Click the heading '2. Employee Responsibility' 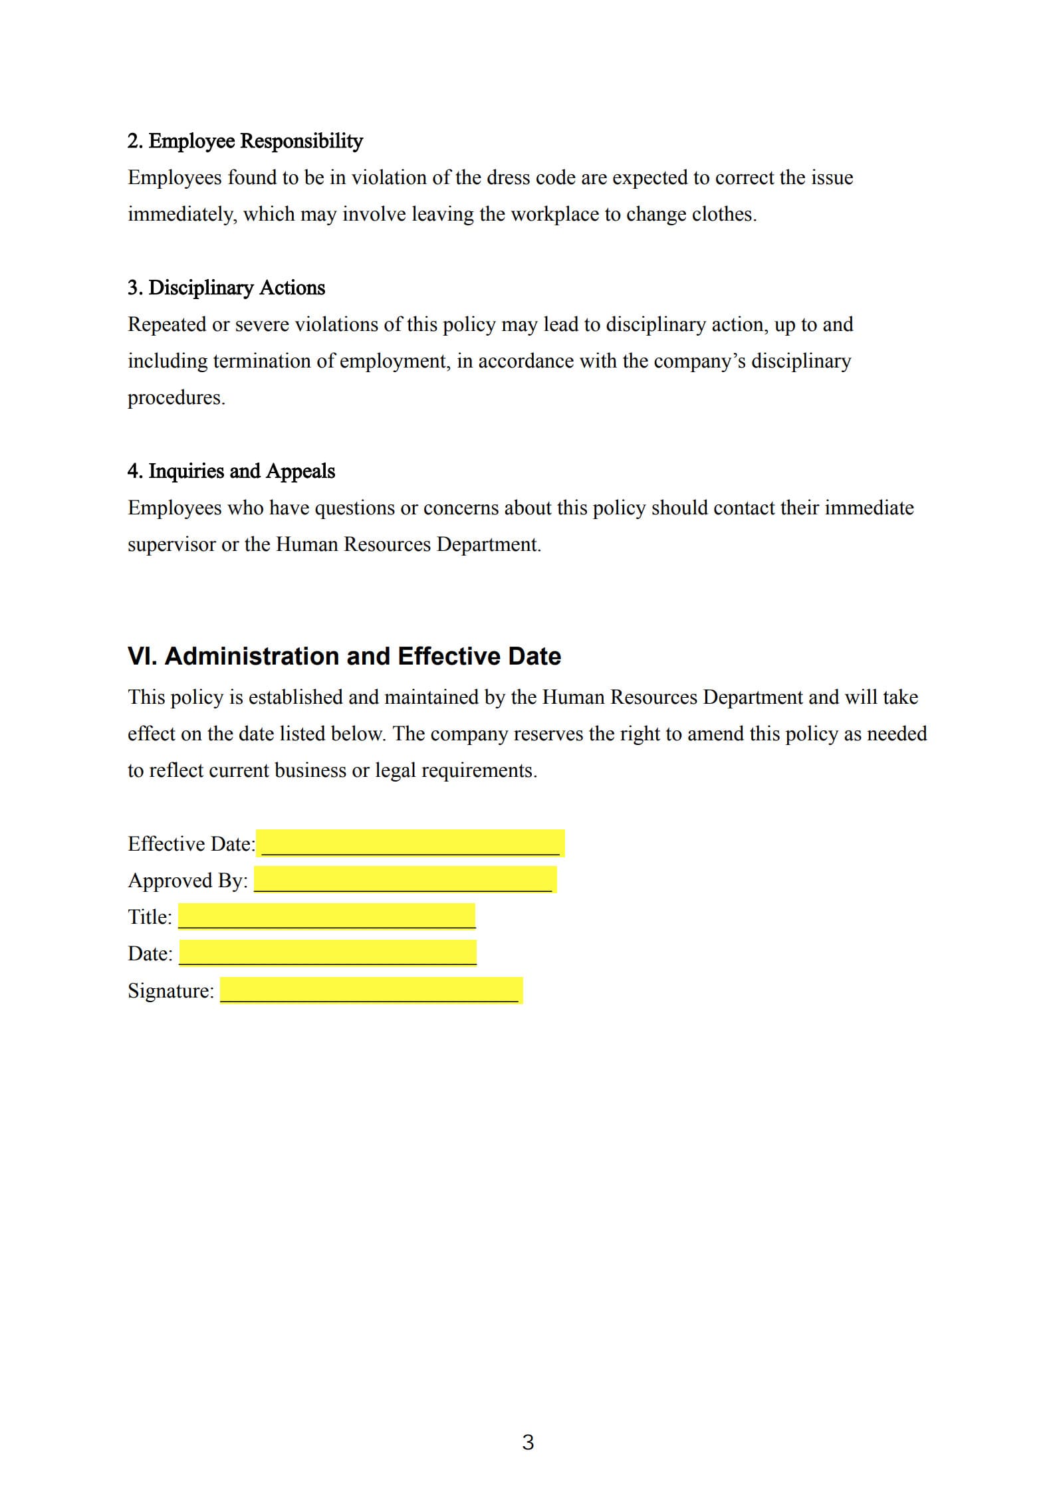coord(245,141)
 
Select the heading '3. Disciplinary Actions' coord(226,288)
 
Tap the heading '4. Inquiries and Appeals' coord(231,471)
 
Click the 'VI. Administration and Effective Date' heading coord(344,656)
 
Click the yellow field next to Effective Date coord(410,843)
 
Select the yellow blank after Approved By coord(405,879)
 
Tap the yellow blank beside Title coord(326,916)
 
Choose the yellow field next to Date coord(328,952)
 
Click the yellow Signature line coord(371,990)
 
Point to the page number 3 coord(528,1442)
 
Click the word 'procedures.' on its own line coord(176,397)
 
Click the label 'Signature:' coord(171,990)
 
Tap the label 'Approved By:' coord(187,880)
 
